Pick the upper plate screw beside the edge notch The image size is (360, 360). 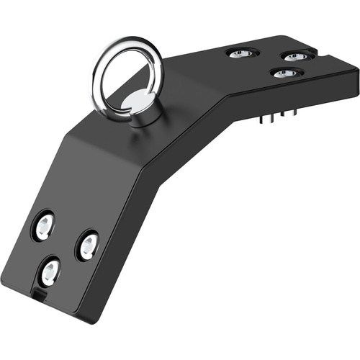click(295, 56)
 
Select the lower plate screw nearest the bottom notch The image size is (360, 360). click(50, 271)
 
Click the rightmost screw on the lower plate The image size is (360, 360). click(88, 246)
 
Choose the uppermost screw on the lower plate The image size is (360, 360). click(44, 226)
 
